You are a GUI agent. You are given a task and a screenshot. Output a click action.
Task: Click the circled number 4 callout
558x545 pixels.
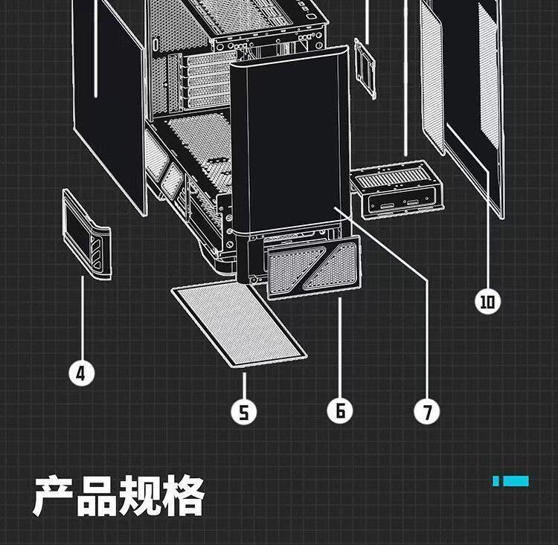(x=82, y=372)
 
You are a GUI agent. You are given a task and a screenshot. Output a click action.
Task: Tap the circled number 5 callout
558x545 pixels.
(x=243, y=411)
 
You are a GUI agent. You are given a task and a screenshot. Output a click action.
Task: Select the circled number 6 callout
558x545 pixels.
(x=339, y=410)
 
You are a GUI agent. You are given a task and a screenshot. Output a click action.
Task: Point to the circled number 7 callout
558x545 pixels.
(x=427, y=411)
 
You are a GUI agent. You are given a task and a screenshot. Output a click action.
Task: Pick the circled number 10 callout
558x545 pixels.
(x=488, y=301)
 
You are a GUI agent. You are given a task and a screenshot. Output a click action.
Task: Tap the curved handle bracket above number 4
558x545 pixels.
(x=87, y=234)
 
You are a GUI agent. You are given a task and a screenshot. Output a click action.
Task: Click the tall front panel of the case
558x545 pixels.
(x=290, y=141)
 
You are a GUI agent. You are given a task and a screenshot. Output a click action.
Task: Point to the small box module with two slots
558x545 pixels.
(x=394, y=192)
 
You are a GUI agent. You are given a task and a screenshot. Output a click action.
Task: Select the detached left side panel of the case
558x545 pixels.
(x=112, y=104)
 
